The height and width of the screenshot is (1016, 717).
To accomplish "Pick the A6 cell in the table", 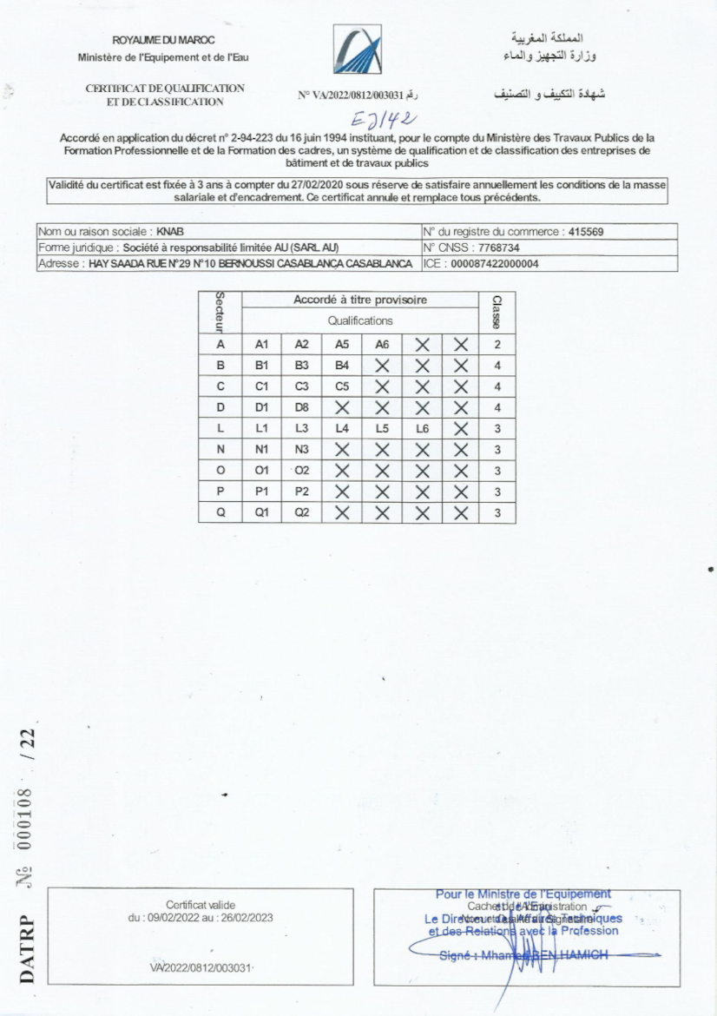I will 382,345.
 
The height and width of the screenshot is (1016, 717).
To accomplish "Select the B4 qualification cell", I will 342,366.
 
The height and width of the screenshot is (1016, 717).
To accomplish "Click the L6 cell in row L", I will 422,429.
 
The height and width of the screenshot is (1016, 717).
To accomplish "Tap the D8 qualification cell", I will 302,408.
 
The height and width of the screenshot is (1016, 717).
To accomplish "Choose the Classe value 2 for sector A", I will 497,345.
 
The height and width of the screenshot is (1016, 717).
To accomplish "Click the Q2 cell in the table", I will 302,513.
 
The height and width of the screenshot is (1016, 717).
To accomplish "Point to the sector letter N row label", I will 221,450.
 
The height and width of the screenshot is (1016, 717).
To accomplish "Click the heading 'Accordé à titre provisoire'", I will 360,300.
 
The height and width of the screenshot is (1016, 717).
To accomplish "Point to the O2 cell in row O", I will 302,471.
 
